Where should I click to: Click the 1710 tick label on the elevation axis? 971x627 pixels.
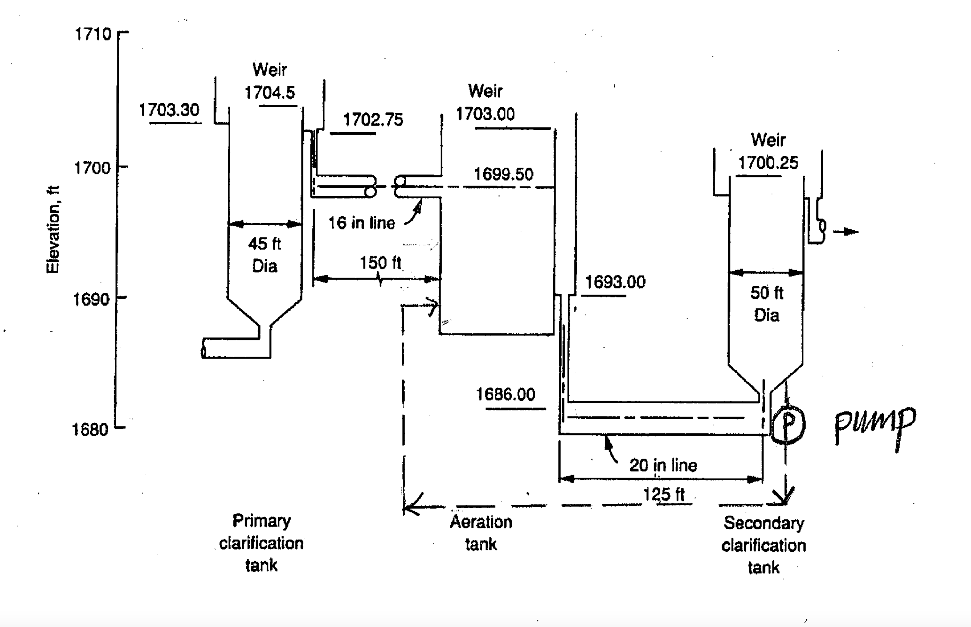click(x=92, y=34)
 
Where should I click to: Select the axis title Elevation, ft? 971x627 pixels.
click(x=53, y=229)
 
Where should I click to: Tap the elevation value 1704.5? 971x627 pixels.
click(x=270, y=93)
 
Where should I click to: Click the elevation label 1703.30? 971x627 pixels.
click(x=169, y=110)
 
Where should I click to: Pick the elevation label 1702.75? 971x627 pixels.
click(x=373, y=120)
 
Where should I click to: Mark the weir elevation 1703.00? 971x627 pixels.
click(x=485, y=114)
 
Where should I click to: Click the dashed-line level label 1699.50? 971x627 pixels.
click(x=503, y=174)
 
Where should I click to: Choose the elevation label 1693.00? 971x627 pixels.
click(x=615, y=282)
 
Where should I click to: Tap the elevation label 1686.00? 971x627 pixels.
click(x=506, y=394)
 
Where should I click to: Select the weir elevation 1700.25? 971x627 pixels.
click(x=768, y=163)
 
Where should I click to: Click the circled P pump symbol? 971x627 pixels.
click(x=788, y=425)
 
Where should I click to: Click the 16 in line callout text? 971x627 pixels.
click(x=361, y=223)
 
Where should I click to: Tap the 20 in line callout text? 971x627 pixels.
click(x=663, y=465)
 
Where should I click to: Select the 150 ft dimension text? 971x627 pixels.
click(x=380, y=263)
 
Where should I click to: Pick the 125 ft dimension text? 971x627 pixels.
click(x=663, y=494)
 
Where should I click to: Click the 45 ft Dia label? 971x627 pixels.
click(x=264, y=255)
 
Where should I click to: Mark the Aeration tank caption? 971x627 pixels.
click(x=481, y=533)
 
